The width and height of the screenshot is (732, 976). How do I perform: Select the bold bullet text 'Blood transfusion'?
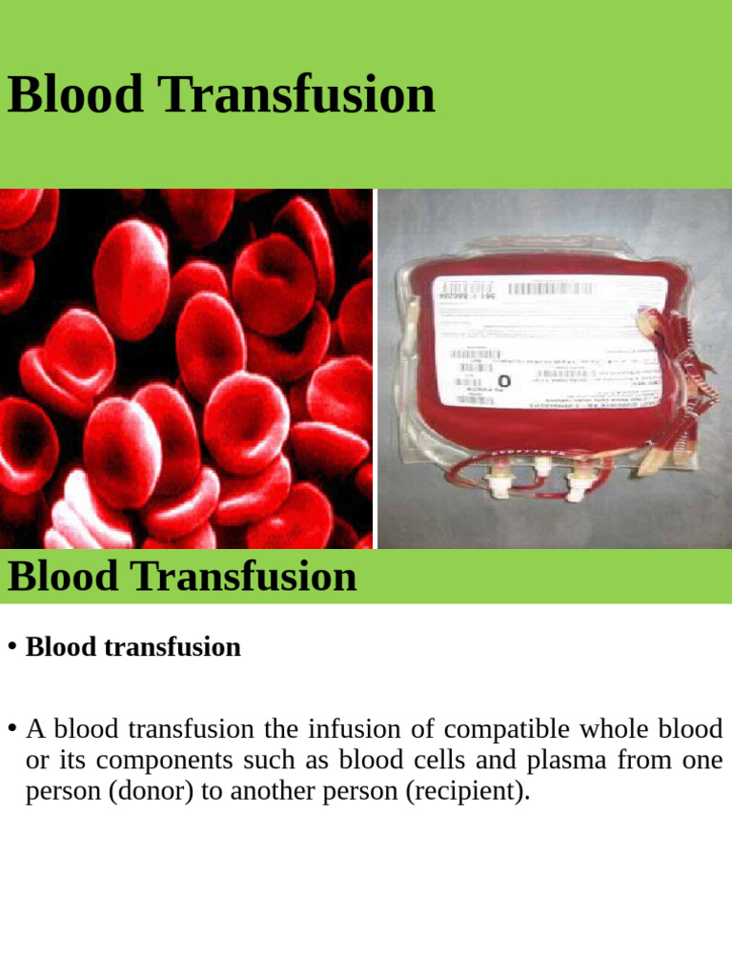click(x=133, y=647)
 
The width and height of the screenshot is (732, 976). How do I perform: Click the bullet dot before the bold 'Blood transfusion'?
click(x=12, y=646)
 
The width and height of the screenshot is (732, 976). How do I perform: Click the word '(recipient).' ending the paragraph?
click(x=468, y=792)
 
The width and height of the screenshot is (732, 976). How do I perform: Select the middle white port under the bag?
click(x=541, y=467)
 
